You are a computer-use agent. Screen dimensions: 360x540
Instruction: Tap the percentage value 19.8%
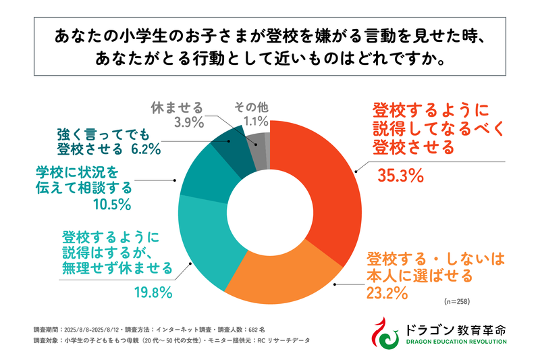(151, 292)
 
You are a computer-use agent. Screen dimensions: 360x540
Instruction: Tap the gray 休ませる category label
(176, 107)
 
